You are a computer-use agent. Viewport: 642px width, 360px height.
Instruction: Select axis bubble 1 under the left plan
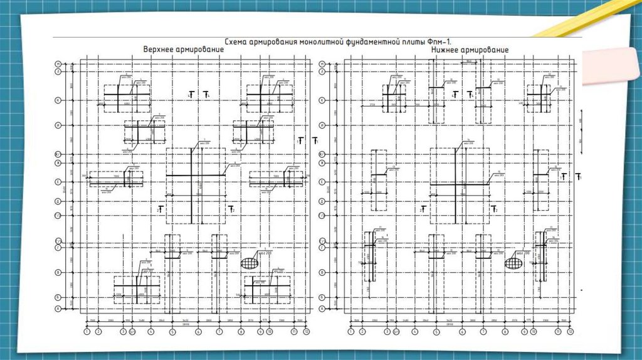pos(87,332)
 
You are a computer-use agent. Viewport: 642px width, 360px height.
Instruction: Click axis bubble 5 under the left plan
pos(172,332)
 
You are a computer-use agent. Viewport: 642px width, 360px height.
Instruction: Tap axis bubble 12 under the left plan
pos(306,332)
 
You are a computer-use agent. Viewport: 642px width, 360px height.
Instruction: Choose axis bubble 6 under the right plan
pos(462,332)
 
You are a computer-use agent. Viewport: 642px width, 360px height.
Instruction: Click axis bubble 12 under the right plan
pos(571,332)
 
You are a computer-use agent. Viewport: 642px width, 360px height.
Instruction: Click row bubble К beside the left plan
pos(57,100)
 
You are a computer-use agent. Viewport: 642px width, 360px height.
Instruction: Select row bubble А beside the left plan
pos(57,309)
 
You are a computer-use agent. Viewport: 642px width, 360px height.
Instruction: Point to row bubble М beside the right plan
pos(321,64)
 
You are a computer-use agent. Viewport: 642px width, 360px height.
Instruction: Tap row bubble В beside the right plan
pos(321,273)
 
